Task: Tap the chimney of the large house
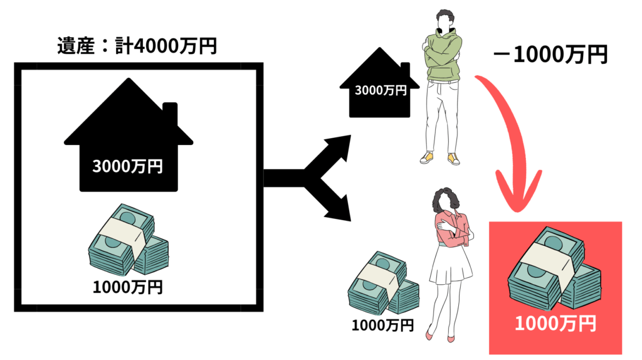point(169,115)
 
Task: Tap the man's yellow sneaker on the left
point(427,157)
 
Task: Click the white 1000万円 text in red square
point(555,324)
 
